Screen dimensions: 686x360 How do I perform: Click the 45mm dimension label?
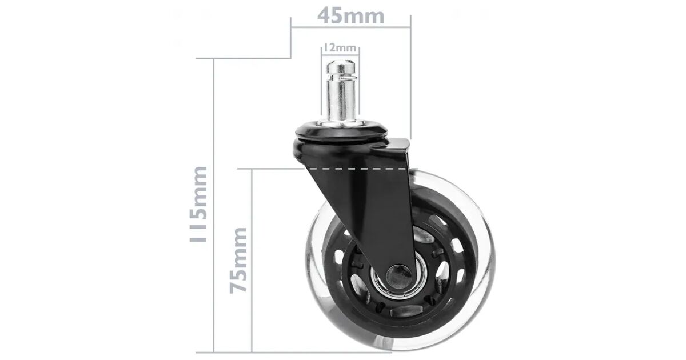point(350,16)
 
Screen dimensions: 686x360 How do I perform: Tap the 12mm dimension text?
point(340,48)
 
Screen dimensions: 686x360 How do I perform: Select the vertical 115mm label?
point(198,204)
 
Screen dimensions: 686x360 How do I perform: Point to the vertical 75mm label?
point(238,261)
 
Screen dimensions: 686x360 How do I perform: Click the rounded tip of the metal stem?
point(341,65)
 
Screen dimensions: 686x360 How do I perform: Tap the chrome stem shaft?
point(341,98)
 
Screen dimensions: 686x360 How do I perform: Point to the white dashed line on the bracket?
point(358,169)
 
